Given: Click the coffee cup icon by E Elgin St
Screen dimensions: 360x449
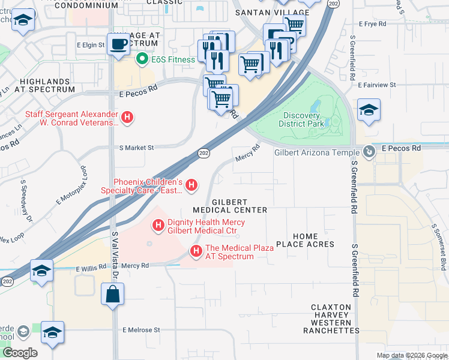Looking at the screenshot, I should coord(118,43).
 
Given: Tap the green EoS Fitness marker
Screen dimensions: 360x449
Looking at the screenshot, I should coord(142,59).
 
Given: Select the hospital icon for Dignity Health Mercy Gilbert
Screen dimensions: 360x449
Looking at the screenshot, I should coord(158,226).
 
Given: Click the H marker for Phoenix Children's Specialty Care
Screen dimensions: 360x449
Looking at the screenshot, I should coord(191,185).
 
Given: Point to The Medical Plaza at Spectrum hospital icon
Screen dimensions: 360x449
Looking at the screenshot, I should coord(195,251).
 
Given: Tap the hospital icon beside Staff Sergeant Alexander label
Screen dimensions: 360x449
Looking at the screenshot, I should coord(127,118).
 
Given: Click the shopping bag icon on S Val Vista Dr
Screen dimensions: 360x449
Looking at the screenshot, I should coord(113,295).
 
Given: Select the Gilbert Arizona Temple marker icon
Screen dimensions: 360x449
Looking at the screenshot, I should coord(372,152).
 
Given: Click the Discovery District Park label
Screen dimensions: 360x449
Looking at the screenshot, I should coord(301,120).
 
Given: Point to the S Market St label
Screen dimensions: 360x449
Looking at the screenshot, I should coord(137,147).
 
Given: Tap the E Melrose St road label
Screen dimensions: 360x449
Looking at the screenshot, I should coord(141,329).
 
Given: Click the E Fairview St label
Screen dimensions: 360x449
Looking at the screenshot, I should coord(376,85).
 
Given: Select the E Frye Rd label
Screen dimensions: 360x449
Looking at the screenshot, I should coord(374,24).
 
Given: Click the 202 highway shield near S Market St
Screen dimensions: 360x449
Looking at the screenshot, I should coord(203,154).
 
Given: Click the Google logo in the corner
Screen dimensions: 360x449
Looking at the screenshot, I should coord(19,353).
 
